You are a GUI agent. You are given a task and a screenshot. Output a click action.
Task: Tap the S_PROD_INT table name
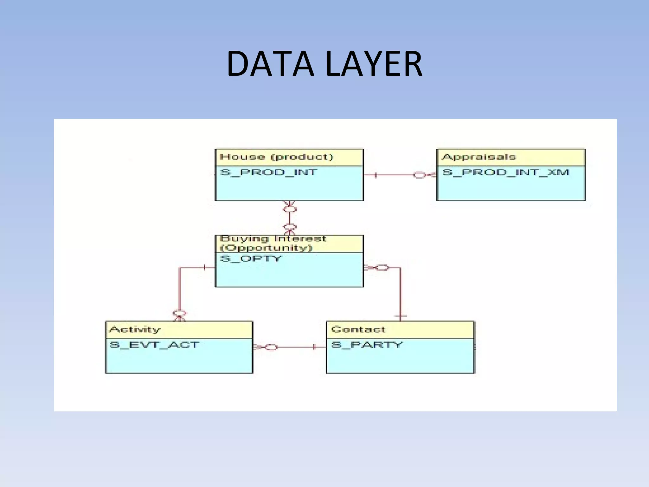click(269, 172)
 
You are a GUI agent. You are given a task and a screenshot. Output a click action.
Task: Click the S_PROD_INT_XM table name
click(505, 172)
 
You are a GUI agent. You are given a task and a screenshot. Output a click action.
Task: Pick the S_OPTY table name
click(251, 259)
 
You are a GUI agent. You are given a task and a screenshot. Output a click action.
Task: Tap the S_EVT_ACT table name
click(154, 345)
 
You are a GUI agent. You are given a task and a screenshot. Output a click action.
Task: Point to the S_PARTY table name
click(367, 345)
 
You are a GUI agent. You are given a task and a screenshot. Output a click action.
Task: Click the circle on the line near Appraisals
click(419, 175)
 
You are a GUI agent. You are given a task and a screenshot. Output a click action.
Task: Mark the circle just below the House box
click(290, 210)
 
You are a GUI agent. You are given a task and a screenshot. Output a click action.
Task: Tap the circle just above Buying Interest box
click(290, 227)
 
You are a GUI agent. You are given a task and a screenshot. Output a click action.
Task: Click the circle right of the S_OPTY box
click(382, 268)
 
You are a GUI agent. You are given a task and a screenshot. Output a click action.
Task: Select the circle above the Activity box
click(180, 314)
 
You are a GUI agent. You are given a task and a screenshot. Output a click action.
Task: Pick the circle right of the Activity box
click(271, 347)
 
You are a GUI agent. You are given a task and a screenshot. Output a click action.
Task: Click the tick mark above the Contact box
click(401, 316)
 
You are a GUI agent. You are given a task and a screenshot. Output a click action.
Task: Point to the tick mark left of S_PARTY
click(314, 347)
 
